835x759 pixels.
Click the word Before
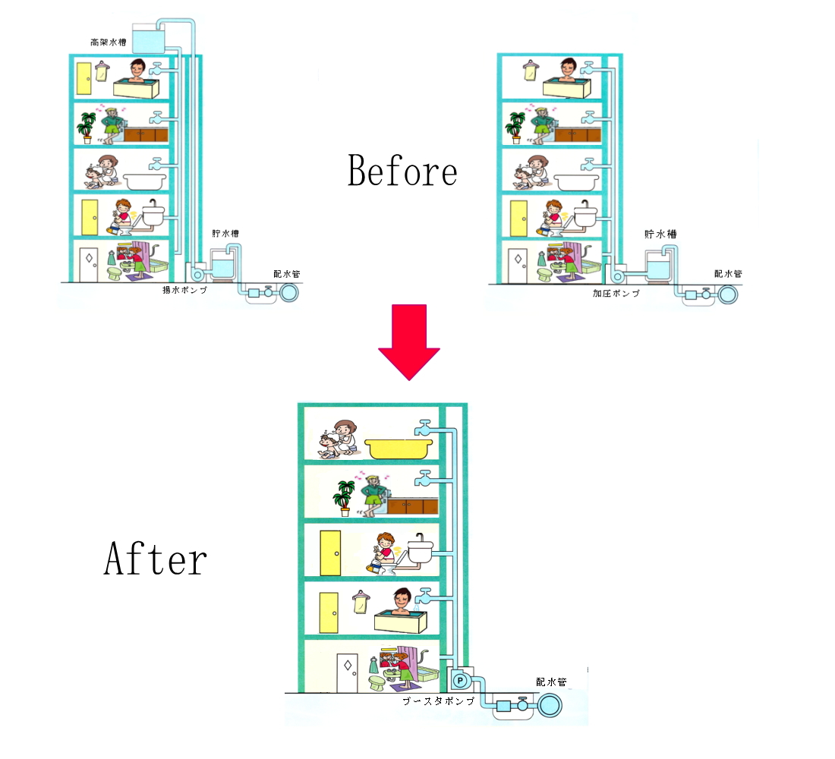click(x=402, y=171)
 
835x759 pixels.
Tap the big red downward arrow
click(x=409, y=342)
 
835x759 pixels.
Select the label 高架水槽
click(x=108, y=42)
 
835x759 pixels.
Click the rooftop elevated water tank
click(x=148, y=39)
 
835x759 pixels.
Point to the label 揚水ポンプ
click(x=184, y=290)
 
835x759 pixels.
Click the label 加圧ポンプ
click(x=616, y=293)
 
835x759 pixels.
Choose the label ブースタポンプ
click(x=438, y=701)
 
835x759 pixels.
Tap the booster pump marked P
click(x=460, y=680)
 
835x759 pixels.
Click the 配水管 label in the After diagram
click(x=551, y=682)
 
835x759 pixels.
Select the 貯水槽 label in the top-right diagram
click(x=660, y=234)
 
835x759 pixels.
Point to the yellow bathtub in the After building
click(x=397, y=449)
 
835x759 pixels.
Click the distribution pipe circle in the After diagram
click(x=550, y=706)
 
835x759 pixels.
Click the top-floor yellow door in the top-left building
click(x=84, y=79)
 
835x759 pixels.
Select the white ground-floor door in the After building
click(x=347, y=672)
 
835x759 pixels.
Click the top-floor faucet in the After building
click(x=424, y=428)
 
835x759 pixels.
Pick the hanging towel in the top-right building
click(x=530, y=71)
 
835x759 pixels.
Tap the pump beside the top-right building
click(x=616, y=276)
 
